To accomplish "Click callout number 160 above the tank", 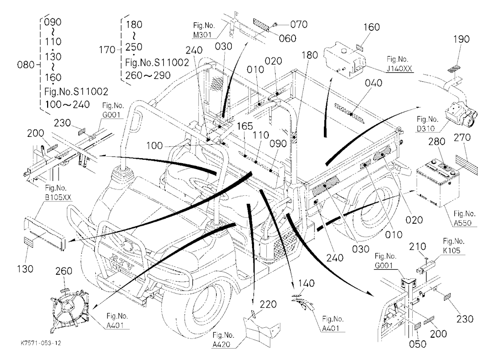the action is (372, 27).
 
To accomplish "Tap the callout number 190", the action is (461, 39).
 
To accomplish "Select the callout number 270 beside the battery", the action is (462, 138).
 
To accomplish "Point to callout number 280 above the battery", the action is (437, 141).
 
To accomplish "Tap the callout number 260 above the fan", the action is (63, 271).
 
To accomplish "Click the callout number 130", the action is (25, 269).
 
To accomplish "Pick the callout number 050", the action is (418, 344).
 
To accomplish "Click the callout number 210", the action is (418, 246).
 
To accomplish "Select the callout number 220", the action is (268, 304).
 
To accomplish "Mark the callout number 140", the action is (306, 283).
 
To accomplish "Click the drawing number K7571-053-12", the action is (41, 343).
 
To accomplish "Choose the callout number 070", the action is (299, 24).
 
